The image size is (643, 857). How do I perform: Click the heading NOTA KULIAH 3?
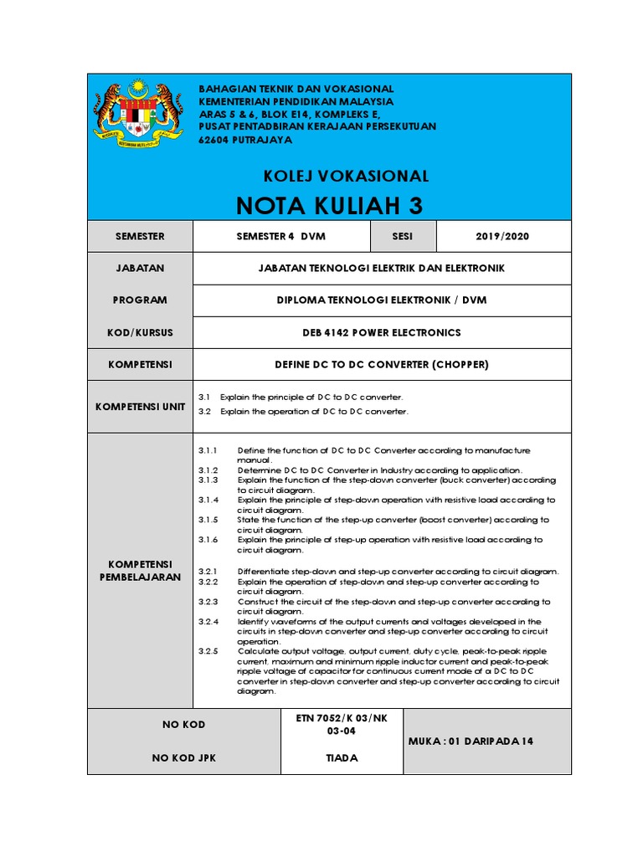coord(330,205)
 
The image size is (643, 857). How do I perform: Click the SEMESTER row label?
coord(140,237)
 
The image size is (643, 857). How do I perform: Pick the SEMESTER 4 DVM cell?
coord(281,237)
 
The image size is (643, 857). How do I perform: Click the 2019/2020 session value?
coord(502,237)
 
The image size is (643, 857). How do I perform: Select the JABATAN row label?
coord(140,268)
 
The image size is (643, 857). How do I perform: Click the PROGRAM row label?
coord(140,300)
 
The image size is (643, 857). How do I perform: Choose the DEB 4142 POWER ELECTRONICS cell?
coord(381,332)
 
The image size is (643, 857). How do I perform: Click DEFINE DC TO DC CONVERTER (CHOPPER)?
coord(381,365)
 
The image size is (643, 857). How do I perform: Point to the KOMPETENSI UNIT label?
coord(140,406)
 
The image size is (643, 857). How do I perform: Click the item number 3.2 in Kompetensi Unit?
coord(204,412)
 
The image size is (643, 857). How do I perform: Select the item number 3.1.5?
coord(208,520)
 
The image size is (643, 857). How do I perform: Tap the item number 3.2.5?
coord(208,650)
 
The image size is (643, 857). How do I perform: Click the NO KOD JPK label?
coord(183,758)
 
